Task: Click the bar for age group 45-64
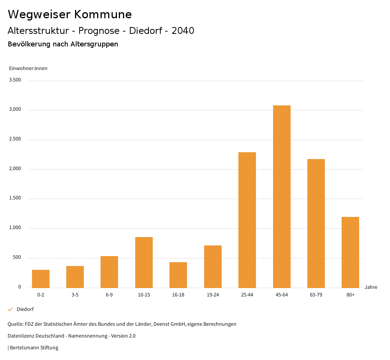tap(281, 196)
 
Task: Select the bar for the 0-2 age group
tap(41, 279)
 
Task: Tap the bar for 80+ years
tap(350, 252)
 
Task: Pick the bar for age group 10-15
tap(144, 262)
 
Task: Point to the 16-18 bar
tap(178, 275)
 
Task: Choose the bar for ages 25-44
tap(247, 220)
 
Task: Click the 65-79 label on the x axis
tap(316, 295)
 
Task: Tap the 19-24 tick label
tap(213, 295)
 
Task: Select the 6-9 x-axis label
tap(109, 295)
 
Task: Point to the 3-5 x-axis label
tap(75, 295)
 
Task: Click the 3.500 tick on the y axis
tap(15, 80)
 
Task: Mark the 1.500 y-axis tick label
tap(15, 198)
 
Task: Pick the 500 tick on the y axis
tap(17, 258)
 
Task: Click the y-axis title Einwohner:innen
tap(28, 68)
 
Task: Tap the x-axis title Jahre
tap(371, 287)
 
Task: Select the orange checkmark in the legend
tap(10, 309)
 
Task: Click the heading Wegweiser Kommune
tap(70, 14)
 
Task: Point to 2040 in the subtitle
tap(183, 31)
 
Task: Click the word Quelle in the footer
tap(15, 324)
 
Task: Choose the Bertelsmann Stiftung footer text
tap(34, 347)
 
